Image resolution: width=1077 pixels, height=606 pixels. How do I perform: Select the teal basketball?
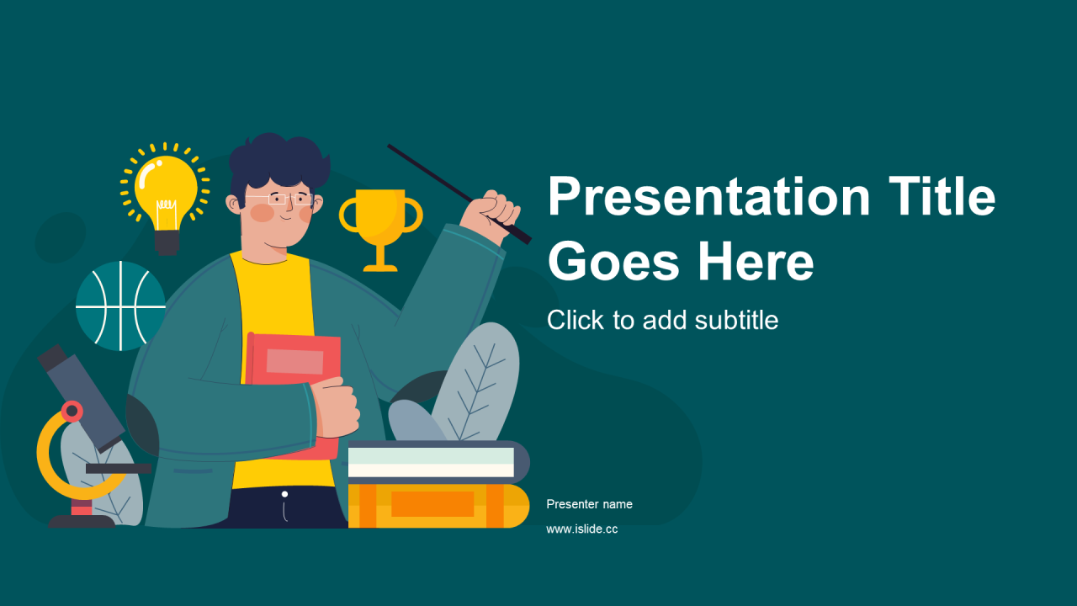click(120, 306)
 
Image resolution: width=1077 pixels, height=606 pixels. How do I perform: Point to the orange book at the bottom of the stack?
click(438, 506)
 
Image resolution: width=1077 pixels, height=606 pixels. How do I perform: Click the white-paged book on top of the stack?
click(438, 462)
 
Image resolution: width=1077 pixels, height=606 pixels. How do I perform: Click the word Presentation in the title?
click(709, 196)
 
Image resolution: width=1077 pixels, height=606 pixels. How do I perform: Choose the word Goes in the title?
click(613, 262)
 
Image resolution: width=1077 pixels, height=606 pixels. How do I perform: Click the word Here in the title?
click(756, 262)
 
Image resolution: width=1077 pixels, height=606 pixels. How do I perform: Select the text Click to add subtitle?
click(662, 320)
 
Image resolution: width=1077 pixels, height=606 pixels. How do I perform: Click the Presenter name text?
click(590, 504)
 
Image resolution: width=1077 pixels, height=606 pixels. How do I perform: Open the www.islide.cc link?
click(582, 529)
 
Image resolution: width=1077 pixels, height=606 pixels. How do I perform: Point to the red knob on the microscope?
click(72, 412)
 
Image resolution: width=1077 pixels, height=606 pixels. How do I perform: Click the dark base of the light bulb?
click(167, 242)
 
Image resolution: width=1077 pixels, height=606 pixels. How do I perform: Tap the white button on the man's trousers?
click(284, 494)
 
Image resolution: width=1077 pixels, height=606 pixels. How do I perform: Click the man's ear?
click(233, 204)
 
